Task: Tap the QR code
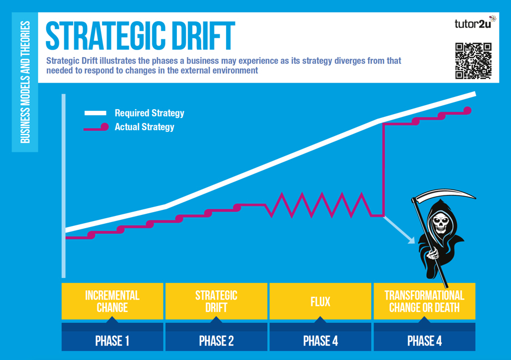[x=473, y=61]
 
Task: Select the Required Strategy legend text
[x=149, y=113]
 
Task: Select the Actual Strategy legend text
[x=144, y=127]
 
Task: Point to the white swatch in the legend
[x=95, y=113]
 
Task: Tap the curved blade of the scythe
[x=444, y=193]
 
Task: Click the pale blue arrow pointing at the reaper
[x=399, y=230]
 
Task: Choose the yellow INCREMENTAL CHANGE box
[x=113, y=301]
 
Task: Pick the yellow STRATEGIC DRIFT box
[x=216, y=301]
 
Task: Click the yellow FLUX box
[x=320, y=301]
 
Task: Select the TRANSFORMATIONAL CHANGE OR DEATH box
[x=425, y=301]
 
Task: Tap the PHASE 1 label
[x=112, y=341]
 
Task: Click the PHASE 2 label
[x=216, y=341]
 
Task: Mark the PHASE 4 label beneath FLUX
[x=320, y=341]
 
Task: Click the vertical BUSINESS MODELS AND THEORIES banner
[x=25, y=82]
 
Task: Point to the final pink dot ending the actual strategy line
[x=467, y=110]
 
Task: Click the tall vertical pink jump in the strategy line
[x=384, y=169]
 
